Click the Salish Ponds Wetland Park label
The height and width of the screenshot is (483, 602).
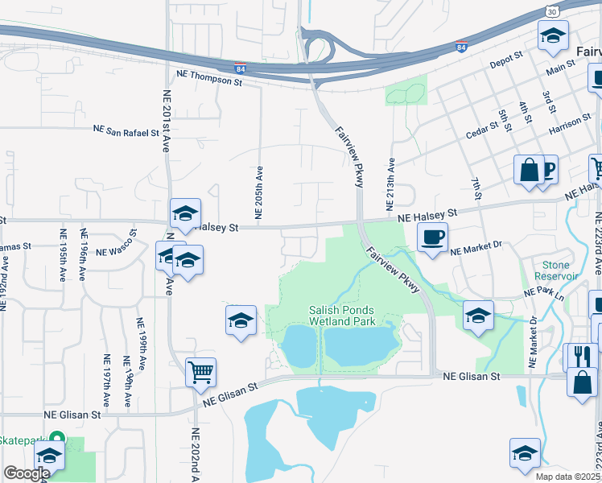click(x=342, y=316)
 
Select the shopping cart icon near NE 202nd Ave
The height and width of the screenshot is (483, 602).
click(x=200, y=372)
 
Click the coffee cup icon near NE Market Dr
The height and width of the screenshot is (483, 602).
click(x=432, y=237)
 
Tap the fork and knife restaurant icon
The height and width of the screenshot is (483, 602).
click(x=581, y=357)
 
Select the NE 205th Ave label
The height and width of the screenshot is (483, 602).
click(x=259, y=193)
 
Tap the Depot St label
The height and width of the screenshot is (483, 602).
click(x=507, y=59)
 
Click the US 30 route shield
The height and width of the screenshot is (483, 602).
click(x=551, y=11)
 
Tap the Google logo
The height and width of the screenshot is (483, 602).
click(x=27, y=473)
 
